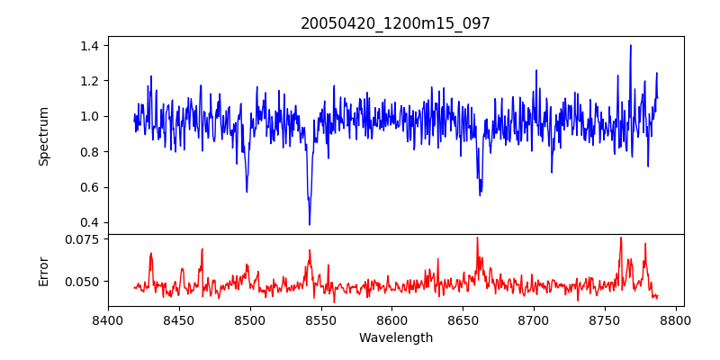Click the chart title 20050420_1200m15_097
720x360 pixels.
[x=395, y=23]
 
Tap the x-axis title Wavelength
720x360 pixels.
[x=395, y=337]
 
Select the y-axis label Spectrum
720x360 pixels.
[x=43, y=135]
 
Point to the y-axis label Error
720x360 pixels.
[x=43, y=270]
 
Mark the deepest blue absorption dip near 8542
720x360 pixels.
[x=310, y=224]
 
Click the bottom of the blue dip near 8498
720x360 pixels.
[x=247, y=192]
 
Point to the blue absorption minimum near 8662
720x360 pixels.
[x=480, y=195]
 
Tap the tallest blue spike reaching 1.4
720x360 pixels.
[x=631, y=46]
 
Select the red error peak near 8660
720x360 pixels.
[x=477, y=238]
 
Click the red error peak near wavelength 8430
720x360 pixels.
[x=151, y=254]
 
